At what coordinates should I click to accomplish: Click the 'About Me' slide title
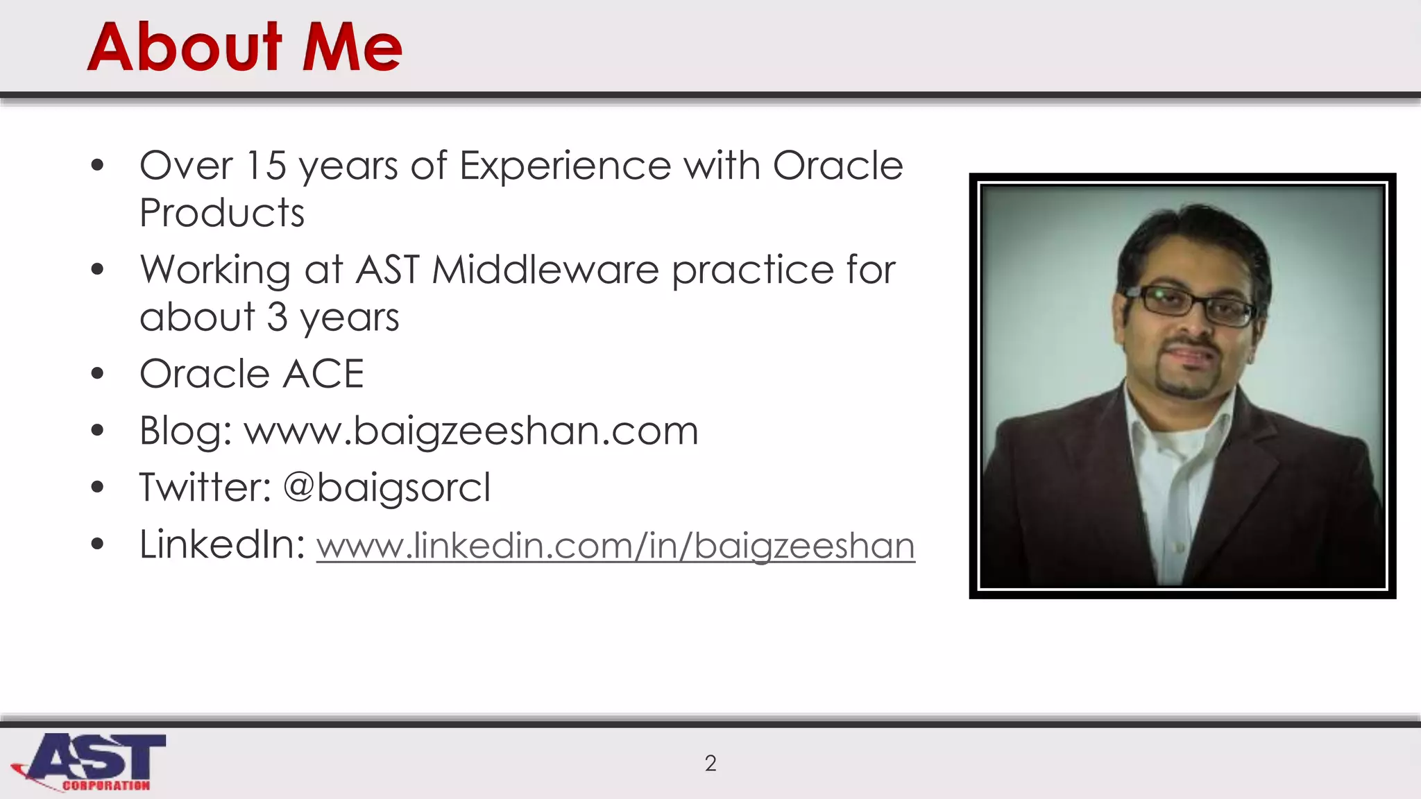pos(244,47)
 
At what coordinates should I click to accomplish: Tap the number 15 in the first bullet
pos(266,166)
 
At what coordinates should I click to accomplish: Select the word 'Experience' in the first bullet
pos(565,166)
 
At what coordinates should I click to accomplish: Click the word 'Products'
pos(222,213)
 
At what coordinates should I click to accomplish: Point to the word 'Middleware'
pos(545,270)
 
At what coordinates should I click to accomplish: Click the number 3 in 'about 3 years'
pos(277,317)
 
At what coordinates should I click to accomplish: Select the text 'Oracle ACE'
pos(252,374)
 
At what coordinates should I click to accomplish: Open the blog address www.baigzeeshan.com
pos(471,431)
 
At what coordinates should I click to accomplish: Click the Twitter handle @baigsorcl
pos(387,487)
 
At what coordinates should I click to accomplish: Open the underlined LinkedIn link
pos(615,546)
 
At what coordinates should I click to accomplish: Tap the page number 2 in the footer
pos(710,763)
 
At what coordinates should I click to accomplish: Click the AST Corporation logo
pos(90,762)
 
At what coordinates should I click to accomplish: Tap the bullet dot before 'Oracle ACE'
pos(97,374)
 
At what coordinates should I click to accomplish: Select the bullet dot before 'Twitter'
pos(97,487)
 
